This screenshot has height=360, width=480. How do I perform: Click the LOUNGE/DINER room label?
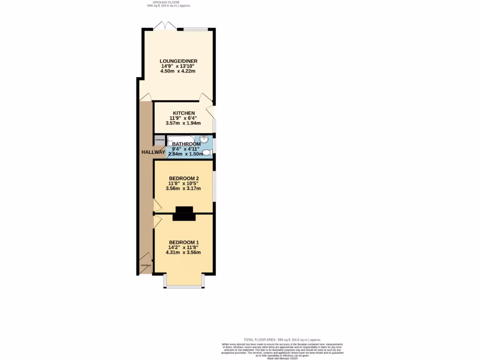[178, 61]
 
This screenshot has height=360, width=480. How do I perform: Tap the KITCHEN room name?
[184, 113]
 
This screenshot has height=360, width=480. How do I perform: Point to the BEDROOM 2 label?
[184, 178]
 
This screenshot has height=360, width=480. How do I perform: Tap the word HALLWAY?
[153, 152]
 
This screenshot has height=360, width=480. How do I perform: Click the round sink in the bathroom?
[204, 139]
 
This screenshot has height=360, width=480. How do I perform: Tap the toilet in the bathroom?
[207, 152]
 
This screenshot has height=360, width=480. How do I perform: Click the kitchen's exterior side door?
[211, 112]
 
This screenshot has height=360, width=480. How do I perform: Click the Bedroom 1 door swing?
[157, 221]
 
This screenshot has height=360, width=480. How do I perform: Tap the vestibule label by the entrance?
[146, 265]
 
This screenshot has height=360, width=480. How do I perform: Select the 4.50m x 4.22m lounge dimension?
[178, 71]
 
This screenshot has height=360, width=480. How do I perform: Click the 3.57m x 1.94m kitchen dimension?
[183, 123]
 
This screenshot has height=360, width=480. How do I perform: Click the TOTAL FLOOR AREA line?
[282, 339]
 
